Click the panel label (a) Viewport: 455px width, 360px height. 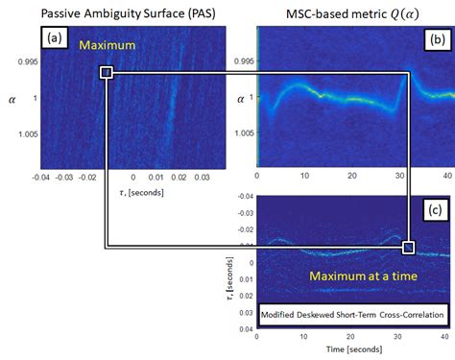[52, 38]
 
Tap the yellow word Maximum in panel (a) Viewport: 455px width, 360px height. [108, 46]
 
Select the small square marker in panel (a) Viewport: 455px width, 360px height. [106, 73]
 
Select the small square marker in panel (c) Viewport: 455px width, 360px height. [409, 248]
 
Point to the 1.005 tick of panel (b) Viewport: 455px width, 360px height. [244, 134]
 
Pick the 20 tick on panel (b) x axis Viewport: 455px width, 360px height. [352, 178]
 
